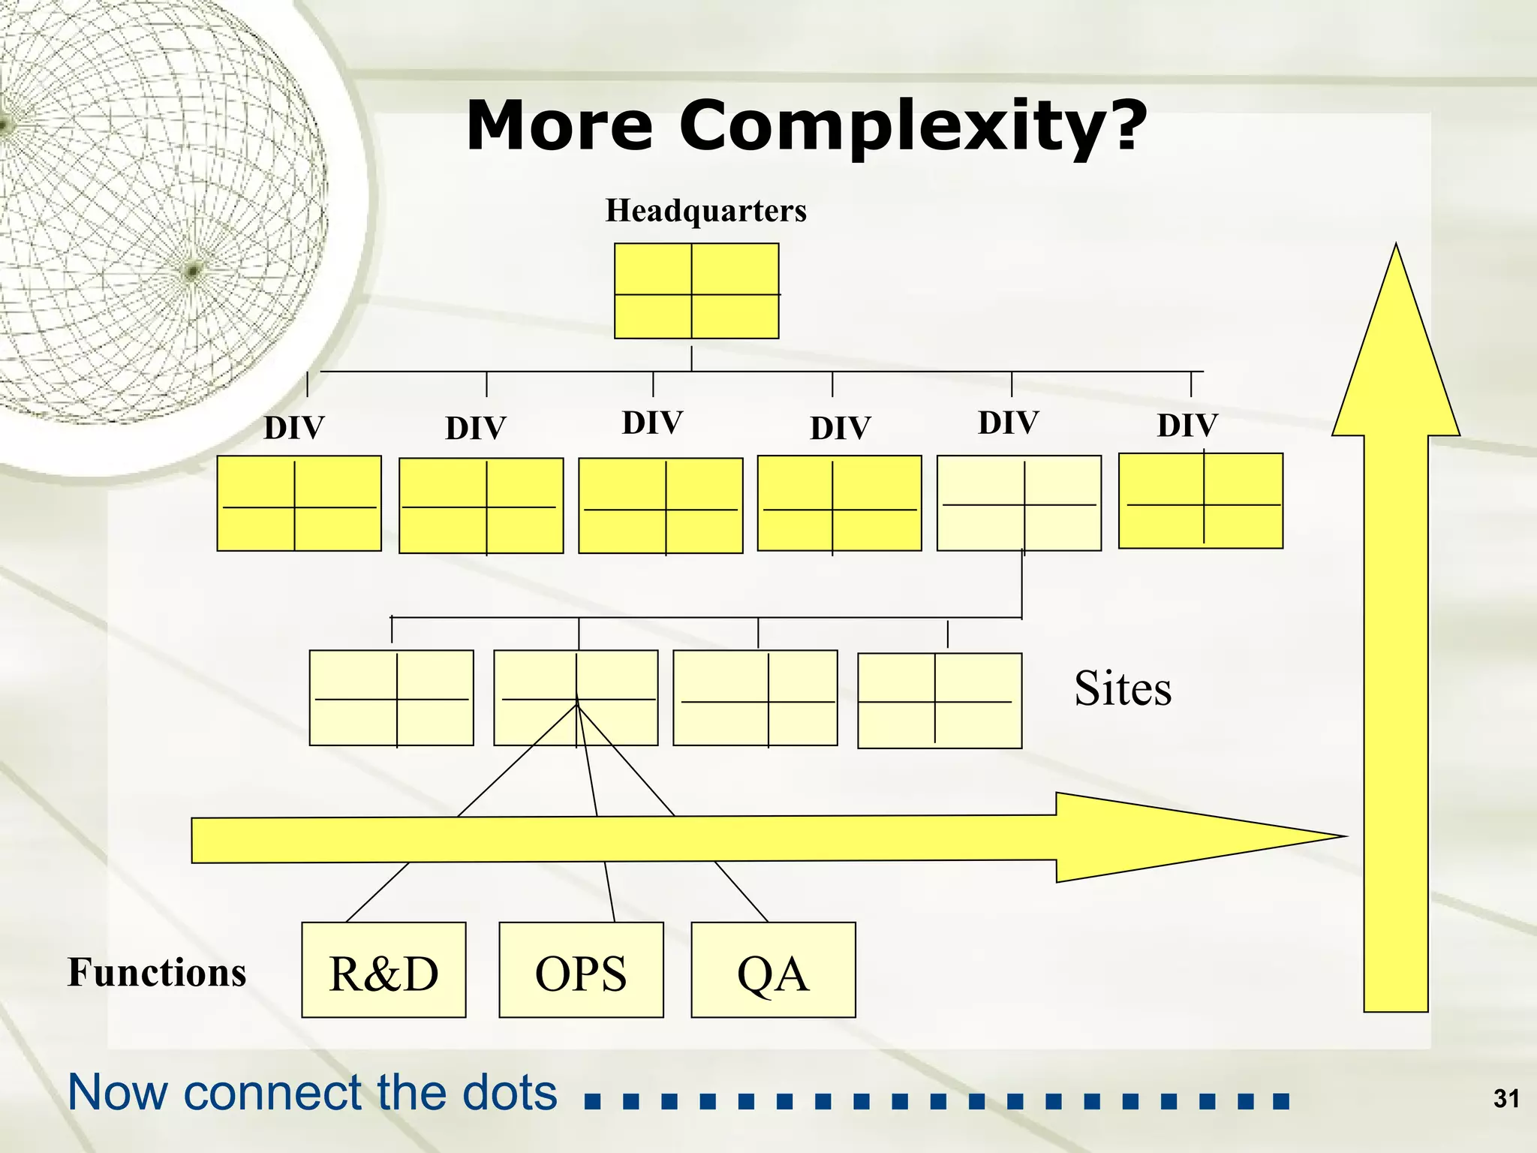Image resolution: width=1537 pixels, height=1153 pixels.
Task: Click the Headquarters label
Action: point(705,211)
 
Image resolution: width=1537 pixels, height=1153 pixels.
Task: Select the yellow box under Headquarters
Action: point(696,291)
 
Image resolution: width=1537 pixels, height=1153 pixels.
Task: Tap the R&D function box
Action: point(383,970)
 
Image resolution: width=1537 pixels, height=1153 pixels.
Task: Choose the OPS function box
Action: point(581,970)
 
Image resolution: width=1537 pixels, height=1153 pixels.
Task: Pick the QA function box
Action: point(773,970)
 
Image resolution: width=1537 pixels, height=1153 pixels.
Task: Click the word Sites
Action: point(1122,688)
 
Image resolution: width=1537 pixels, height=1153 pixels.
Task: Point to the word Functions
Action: point(157,973)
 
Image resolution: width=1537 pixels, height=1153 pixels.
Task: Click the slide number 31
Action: point(1506,1099)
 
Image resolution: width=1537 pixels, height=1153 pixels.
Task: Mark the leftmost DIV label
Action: point(293,429)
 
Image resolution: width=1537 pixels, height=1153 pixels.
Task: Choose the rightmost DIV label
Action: point(1187,426)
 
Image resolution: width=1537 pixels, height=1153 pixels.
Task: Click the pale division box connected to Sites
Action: point(1019,503)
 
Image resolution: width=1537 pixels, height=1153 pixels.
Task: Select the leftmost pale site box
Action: point(391,697)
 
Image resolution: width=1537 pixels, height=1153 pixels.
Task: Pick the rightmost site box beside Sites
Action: point(940,700)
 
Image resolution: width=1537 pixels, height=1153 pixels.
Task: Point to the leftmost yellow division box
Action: point(299,503)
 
